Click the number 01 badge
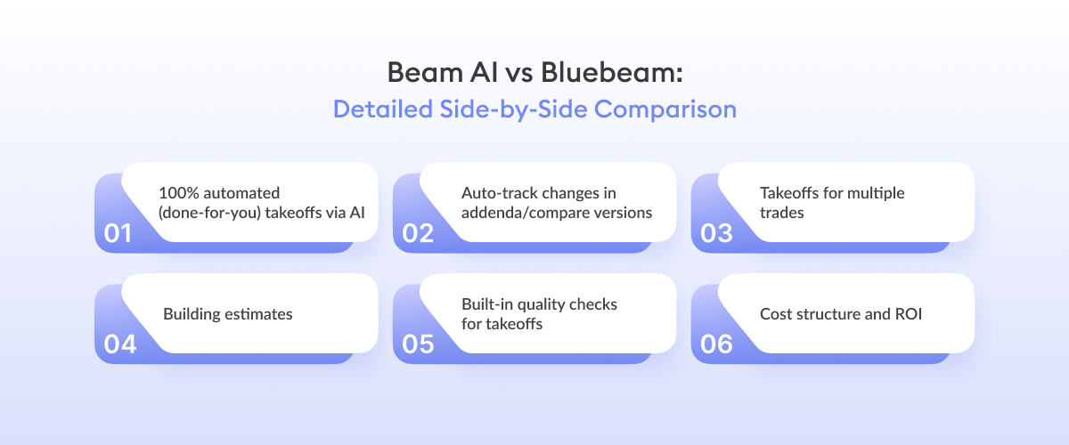click(118, 233)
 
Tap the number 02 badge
click(417, 233)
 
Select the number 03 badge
click(715, 233)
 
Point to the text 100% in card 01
click(177, 192)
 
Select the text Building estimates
click(227, 314)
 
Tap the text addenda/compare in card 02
click(515, 213)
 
